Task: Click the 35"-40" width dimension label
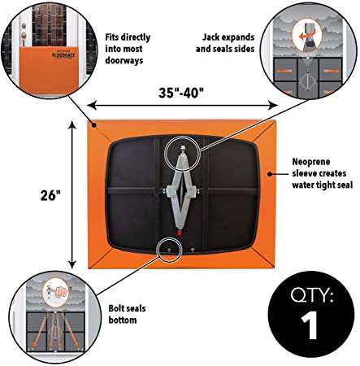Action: pos(181,93)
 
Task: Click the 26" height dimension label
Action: pos(50,195)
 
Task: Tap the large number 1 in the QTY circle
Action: pos(310,325)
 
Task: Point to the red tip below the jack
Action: pos(179,233)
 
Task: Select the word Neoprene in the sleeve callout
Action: pos(311,162)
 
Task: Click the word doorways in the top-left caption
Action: pos(124,60)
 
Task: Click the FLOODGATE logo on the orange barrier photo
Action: pos(63,55)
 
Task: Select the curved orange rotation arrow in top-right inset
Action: pos(306,37)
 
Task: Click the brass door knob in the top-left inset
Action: pos(24,35)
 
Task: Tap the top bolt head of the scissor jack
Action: pos(184,147)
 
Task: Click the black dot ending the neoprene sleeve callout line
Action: pos(270,174)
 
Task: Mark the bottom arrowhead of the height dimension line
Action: pos(72,264)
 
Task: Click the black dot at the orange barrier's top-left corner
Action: pos(94,125)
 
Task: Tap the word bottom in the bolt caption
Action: pos(123,320)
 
